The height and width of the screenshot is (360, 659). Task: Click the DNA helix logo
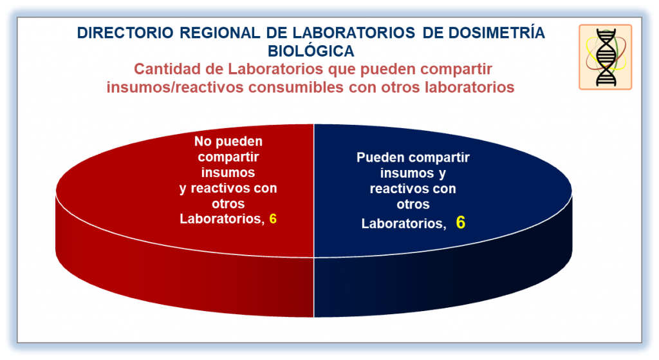(605, 57)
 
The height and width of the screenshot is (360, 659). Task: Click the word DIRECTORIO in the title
(125, 33)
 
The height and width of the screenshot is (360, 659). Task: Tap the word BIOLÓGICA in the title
(311, 51)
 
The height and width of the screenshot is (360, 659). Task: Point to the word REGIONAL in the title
(220, 33)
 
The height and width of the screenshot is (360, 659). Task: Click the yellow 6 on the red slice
(273, 219)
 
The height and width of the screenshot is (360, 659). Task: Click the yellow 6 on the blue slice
(461, 222)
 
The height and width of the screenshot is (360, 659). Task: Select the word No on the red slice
(203, 141)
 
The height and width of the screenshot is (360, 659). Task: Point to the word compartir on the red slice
(228, 157)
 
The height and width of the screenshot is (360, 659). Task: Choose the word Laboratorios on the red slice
(222, 219)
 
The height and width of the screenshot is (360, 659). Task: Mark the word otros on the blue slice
(413, 204)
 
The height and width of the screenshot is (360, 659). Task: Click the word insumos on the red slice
(228, 173)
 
